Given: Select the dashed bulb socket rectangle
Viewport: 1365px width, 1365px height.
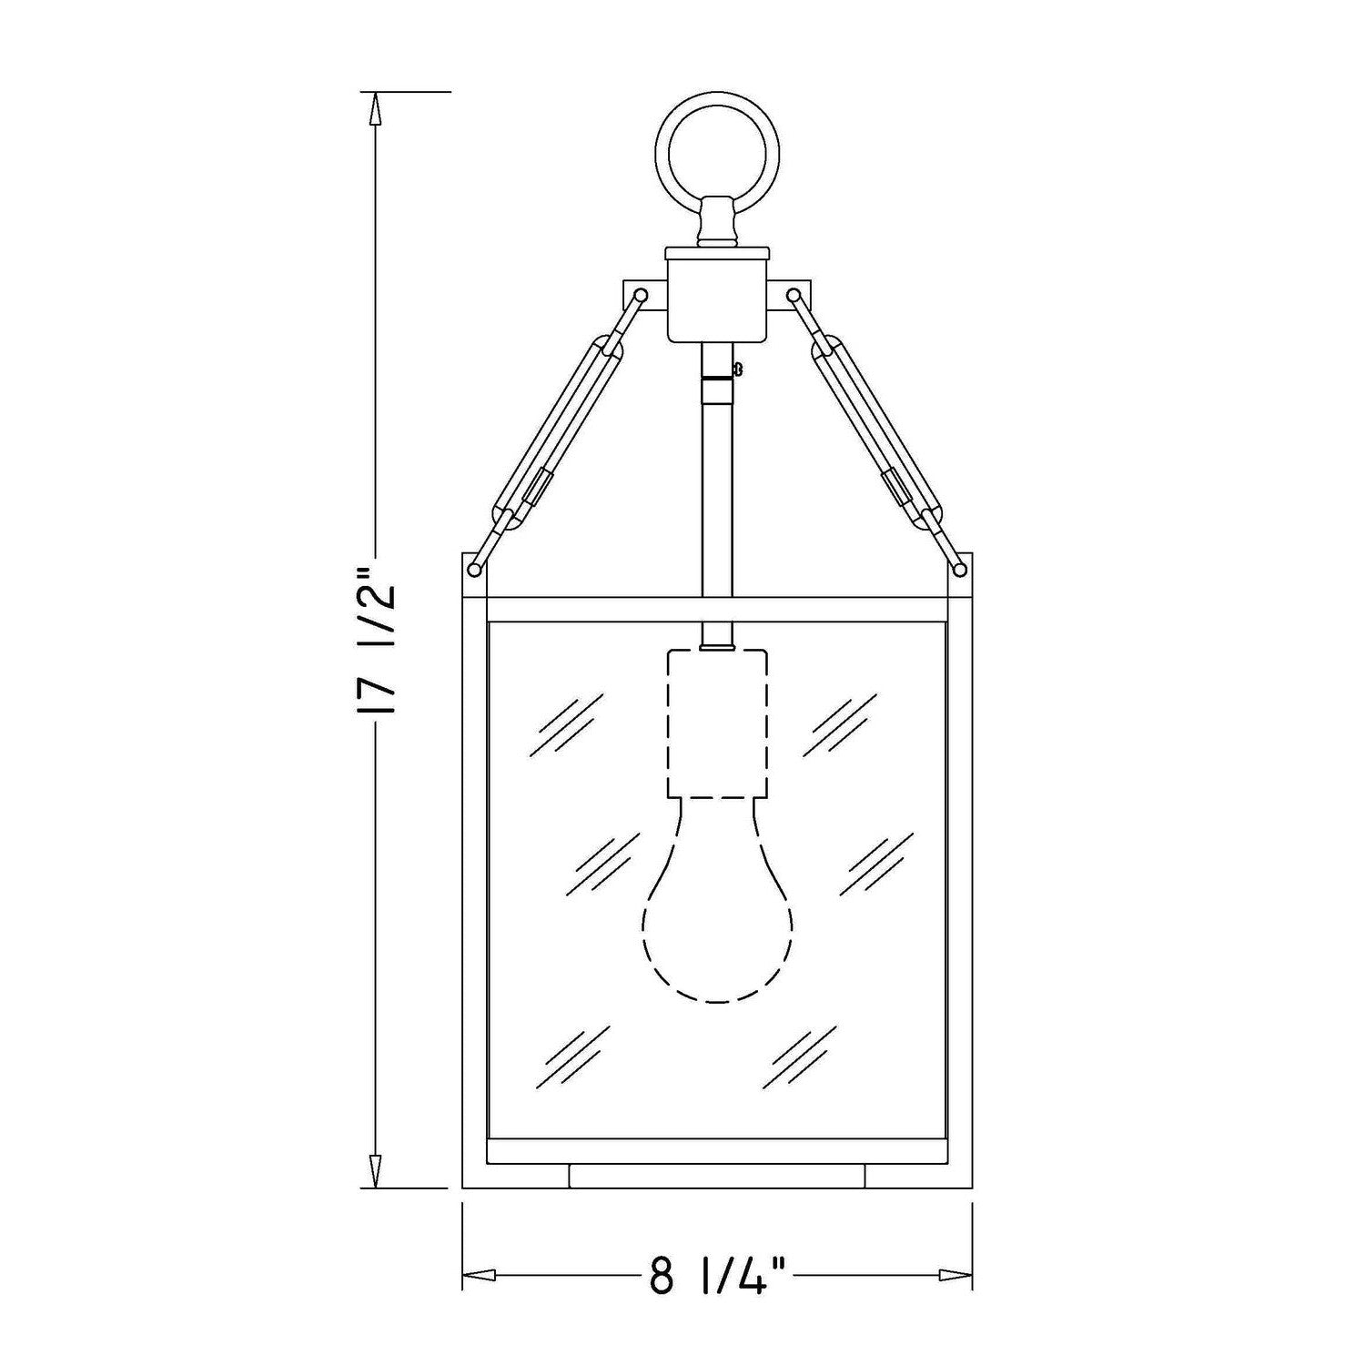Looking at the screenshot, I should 718,723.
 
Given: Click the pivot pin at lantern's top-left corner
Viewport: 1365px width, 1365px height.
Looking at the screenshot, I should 474,570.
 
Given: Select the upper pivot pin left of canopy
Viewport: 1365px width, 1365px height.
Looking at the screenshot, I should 641,295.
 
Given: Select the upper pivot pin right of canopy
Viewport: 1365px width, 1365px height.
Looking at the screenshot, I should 794,295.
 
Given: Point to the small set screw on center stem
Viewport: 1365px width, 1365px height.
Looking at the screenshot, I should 737,369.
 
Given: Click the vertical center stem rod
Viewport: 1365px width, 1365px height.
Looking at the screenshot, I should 717,491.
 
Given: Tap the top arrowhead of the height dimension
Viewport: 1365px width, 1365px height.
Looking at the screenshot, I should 373,109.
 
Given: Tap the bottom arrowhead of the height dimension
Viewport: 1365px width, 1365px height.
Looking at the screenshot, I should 373,1169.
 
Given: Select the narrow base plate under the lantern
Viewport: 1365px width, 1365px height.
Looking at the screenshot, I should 717,1176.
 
